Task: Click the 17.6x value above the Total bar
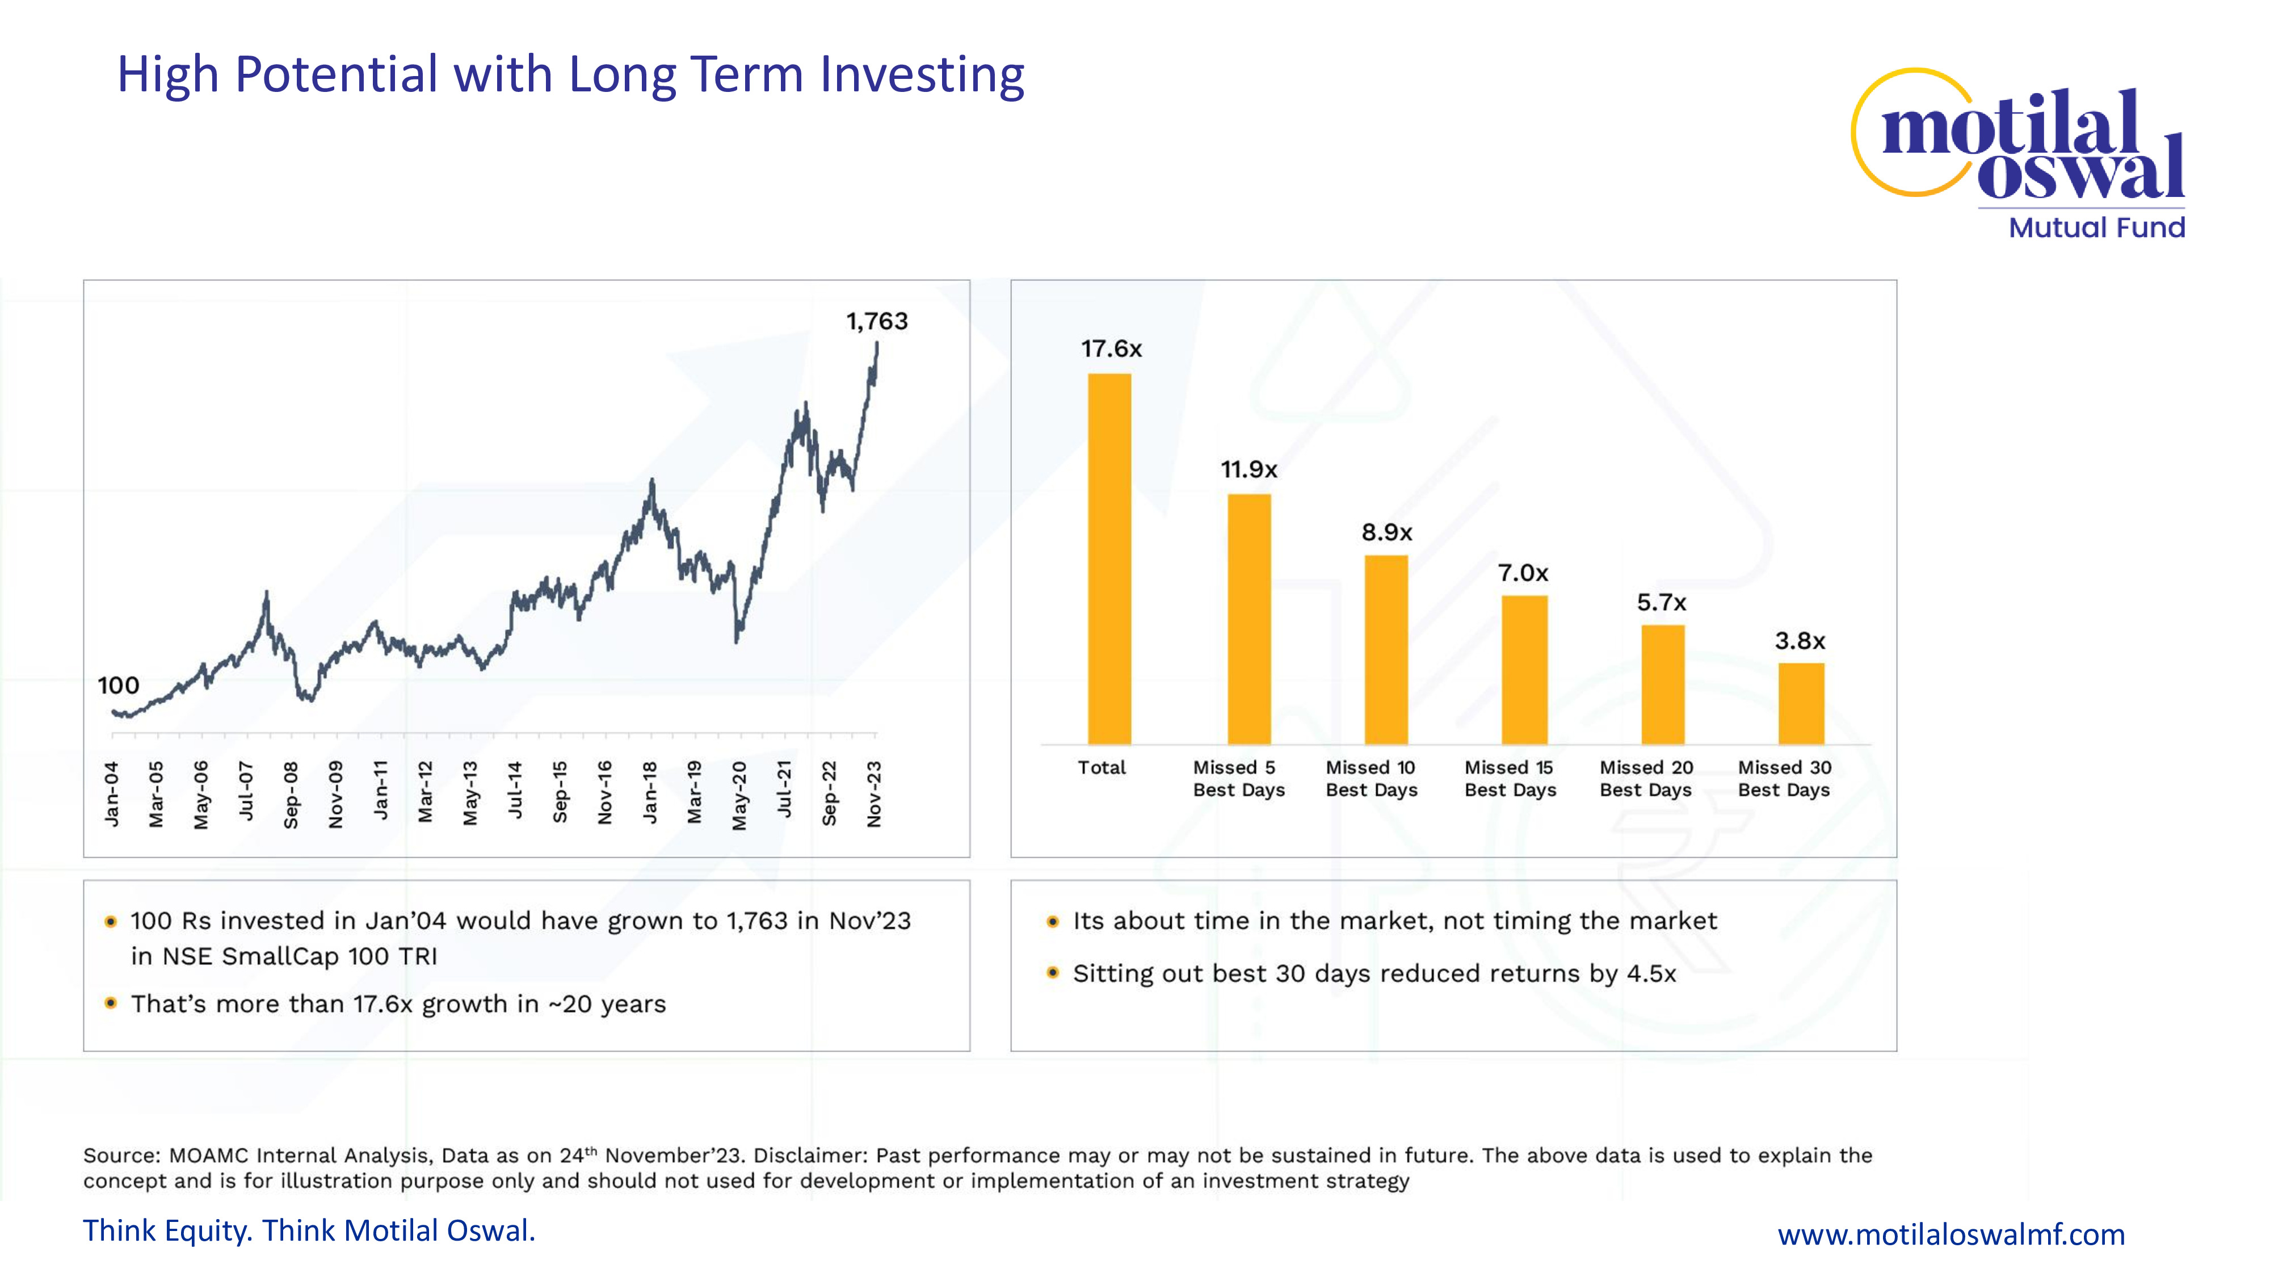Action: coord(1111,349)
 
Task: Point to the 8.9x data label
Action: coord(1386,532)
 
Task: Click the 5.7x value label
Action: coord(1661,603)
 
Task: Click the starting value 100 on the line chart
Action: coord(118,686)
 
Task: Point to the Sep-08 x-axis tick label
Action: coord(291,795)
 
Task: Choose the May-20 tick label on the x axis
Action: coord(739,796)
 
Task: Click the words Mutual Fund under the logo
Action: coord(2096,228)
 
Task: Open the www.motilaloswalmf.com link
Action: coord(1951,1234)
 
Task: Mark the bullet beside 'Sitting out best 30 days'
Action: coord(1052,973)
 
